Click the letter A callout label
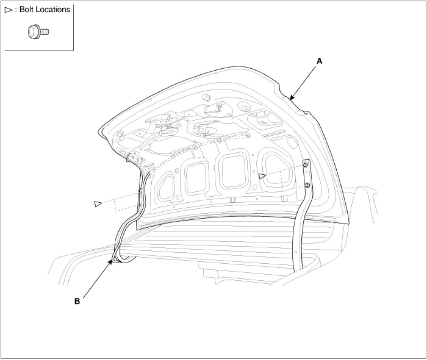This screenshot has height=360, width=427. (x=319, y=61)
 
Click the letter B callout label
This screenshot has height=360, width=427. (x=77, y=301)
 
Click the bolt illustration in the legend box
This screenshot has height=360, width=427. (x=38, y=32)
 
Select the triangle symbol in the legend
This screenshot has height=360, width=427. (x=9, y=10)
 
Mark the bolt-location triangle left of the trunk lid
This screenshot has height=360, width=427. (x=98, y=204)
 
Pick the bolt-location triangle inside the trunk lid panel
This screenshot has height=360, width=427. (x=262, y=176)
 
